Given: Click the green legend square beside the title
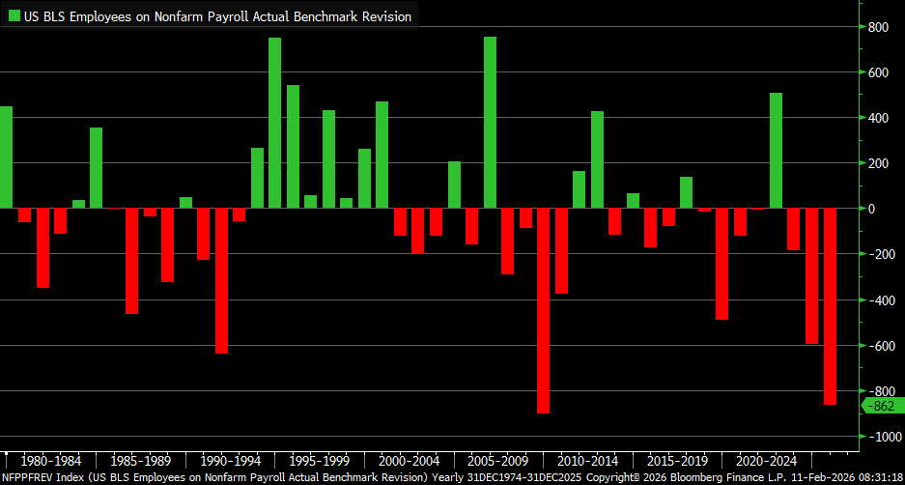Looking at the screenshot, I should [x=14, y=16].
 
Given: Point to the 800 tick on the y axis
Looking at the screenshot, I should [x=877, y=27].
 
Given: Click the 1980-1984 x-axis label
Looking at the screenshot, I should [x=49, y=461].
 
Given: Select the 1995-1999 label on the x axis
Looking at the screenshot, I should [x=318, y=461].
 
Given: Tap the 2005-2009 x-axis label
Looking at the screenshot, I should [x=497, y=461].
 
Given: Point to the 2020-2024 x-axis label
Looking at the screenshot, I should [x=766, y=461].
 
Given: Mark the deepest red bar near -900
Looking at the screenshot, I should [x=544, y=310].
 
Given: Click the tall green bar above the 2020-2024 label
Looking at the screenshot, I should [x=776, y=151].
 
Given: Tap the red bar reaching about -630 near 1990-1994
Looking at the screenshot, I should [x=221, y=280].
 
